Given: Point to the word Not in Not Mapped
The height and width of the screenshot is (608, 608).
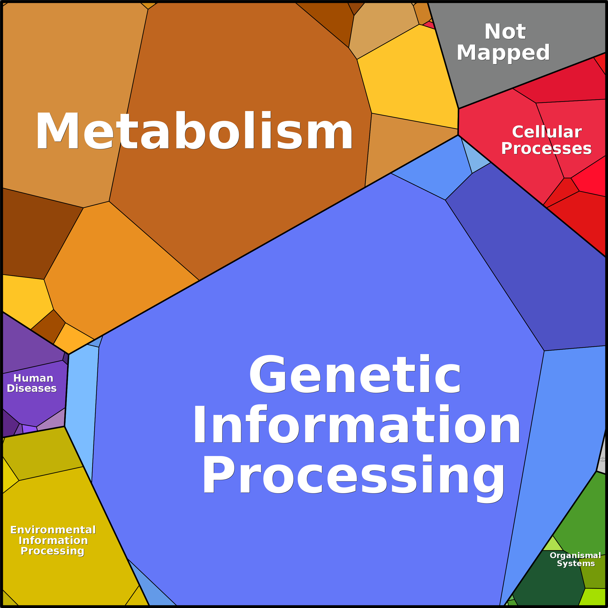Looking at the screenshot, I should click(505, 31).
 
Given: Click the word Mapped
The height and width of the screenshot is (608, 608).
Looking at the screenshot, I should click(503, 53).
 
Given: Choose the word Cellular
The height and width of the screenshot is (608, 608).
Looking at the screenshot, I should click(547, 132).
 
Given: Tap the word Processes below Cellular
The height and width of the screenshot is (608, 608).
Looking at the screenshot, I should click(546, 149).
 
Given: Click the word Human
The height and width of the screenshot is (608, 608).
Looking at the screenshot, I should click(33, 378).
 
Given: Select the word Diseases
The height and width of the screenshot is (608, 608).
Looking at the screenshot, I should click(32, 388).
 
